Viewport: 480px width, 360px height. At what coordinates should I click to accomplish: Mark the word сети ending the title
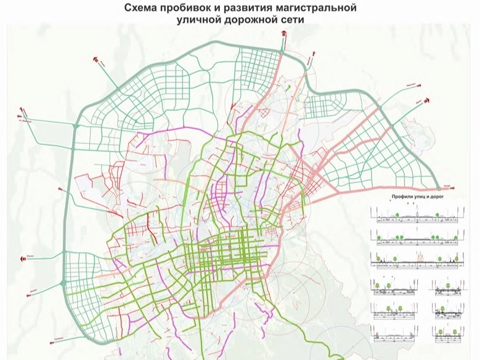293,20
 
